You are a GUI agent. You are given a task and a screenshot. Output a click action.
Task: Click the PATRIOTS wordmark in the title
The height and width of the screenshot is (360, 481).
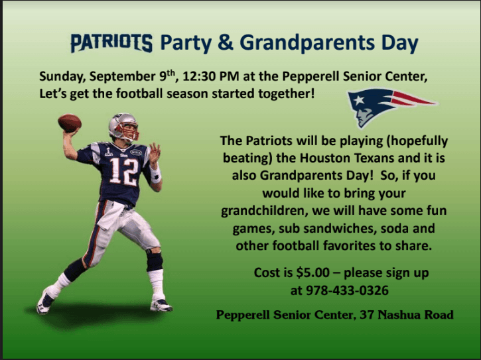click(x=111, y=44)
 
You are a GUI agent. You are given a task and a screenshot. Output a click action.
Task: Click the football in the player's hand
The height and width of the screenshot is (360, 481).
click(x=70, y=122)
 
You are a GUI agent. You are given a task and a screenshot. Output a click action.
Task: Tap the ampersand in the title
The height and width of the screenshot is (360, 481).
click(x=225, y=44)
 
